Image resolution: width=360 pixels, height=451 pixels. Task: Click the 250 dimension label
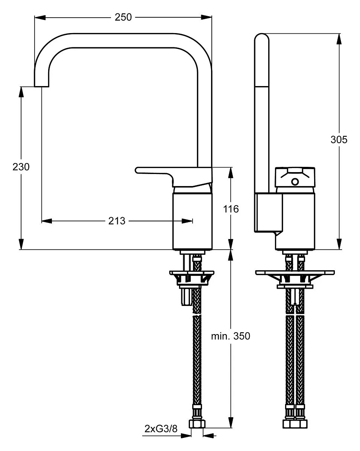tap(123, 17)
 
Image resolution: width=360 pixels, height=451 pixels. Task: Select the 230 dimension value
tap(21, 167)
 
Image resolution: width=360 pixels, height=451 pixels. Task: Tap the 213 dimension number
tap(117, 221)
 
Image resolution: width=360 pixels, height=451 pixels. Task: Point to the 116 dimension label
tap(231, 209)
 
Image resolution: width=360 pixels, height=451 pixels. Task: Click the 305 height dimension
tap(339, 139)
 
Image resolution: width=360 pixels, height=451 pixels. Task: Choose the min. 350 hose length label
tap(231, 336)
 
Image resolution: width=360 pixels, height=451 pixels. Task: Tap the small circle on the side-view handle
tap(295, 182)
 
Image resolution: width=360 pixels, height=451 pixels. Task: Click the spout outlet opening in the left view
tap(41, 86)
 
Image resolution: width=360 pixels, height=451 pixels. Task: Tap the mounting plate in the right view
tap(295, 272)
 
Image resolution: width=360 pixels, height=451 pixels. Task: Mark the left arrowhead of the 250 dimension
tap(40, 17)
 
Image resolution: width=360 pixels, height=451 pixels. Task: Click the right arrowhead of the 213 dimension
tap(187, 221)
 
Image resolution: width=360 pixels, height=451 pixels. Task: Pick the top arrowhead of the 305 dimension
tap(339, 39)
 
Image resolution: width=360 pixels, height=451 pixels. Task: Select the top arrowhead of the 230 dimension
tap(21, 92)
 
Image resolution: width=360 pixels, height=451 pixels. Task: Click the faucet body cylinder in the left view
tap(192, 221)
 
